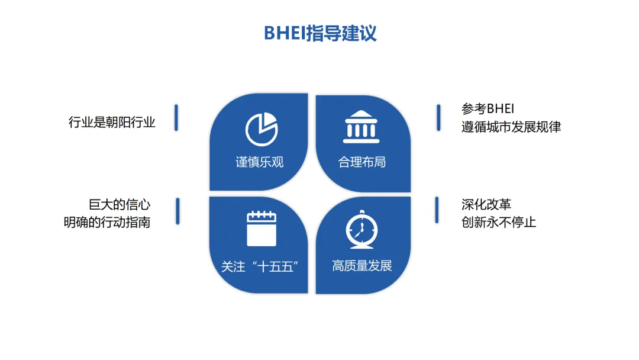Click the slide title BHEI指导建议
point(319,33)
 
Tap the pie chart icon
point(262,128)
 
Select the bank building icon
point(362,126)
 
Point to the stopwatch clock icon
point(362,229)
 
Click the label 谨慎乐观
point(260,162)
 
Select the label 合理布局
point(362,162)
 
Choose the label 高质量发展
point(362,266)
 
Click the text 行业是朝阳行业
point(112,123)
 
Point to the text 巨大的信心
point(120,205)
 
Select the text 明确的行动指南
point(107,223)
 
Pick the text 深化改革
point(486,205)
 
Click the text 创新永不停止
point(499,223)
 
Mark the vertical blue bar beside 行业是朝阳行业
point(176,117)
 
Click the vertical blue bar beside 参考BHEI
point(438,117)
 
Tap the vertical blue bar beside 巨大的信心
point(177,211)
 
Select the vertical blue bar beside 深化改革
point(437,210)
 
